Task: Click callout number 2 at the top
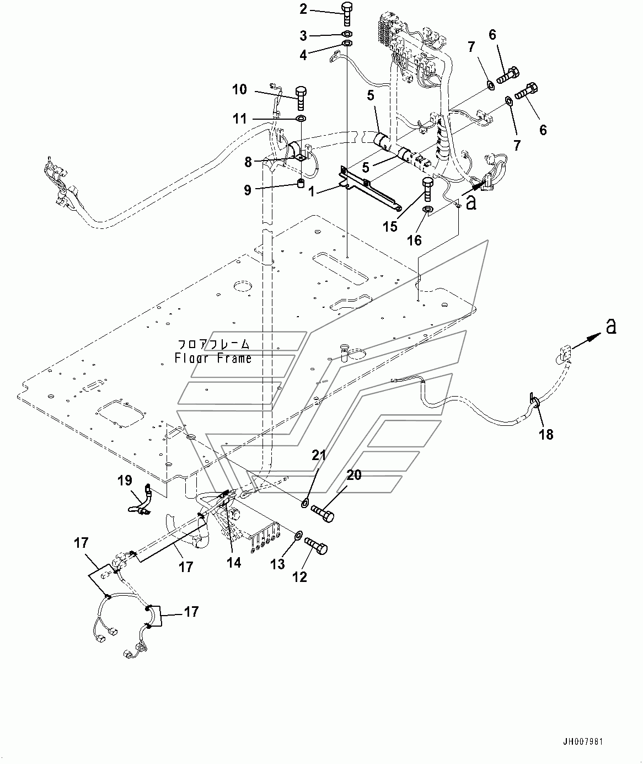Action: pyautogui.click(x=303, y=9)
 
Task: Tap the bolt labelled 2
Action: pyautogui.click(x=347, y=14)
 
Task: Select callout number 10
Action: pyautogui.click(x=240, y=90)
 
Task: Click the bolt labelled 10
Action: pyautogui.click(x=301, y=98)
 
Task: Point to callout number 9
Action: pyautogui.click(x=248, y=190)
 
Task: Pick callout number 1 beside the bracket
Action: pyautogui.click(x=312, y=191)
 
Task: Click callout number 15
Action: pyautogui.click(x=390, y=227)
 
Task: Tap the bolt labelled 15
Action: pyautogui.click(x=427, y=189)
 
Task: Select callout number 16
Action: pyautogui.click(x=415, y=241)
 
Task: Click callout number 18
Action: pyautogui.click(x=546, y=435)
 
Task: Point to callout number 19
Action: pyautogui.click(x=125, y=480)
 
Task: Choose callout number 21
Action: pyautogui.click(x=319, y=455)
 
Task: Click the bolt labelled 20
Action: pyautogui.click(x=322, y=513)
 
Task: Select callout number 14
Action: pyautogui.click(x=234, y=563)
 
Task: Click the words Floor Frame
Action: pyautogui.click(x=213, y=358)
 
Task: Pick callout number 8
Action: pyautogui.click(x=248, y=162)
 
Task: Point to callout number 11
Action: pyautogui.click(x=240, y=119)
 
